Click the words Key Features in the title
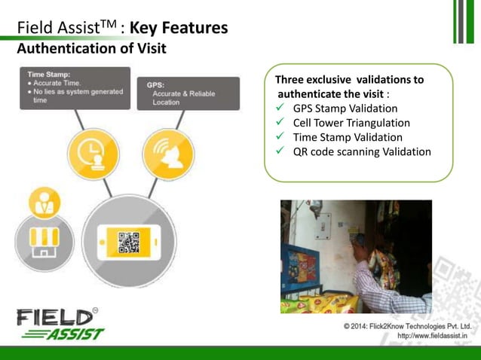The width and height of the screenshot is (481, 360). point(179,29)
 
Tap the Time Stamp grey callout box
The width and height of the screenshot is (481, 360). point(75,88)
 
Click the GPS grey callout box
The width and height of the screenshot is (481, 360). point(188,93)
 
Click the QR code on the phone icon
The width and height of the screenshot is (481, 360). point(128,242)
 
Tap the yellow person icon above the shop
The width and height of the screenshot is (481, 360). point(44,203)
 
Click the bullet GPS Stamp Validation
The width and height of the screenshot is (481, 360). point(345,108)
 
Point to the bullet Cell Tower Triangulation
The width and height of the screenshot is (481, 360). point(351,123)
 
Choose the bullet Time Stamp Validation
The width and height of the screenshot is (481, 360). point(348,137)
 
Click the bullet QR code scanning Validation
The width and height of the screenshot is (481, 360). point(362,151)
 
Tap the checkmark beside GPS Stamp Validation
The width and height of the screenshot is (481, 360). point(278,108)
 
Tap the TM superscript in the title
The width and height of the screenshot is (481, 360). point(109,24)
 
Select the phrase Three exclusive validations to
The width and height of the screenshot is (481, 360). point(349,80)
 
